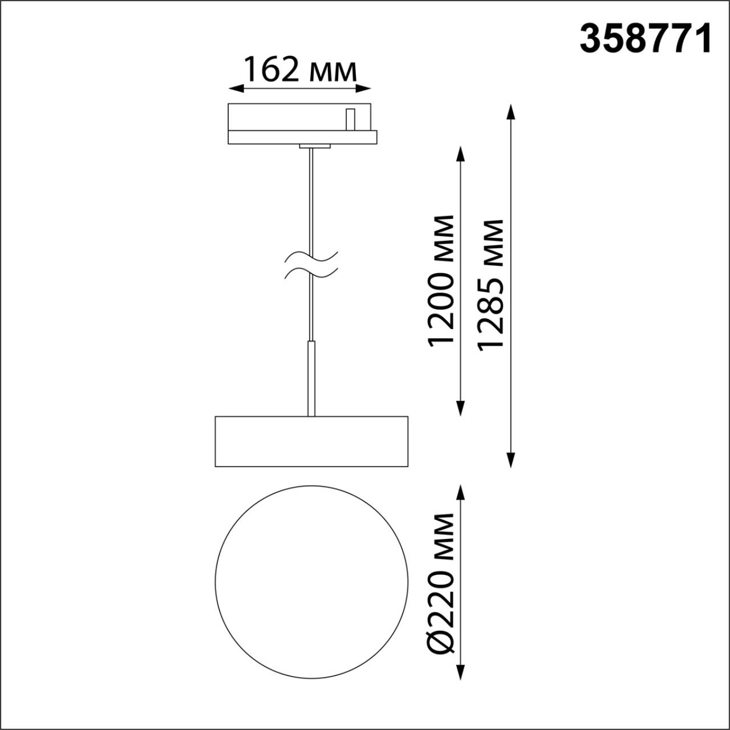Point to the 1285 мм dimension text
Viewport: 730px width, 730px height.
(x=491, y=283)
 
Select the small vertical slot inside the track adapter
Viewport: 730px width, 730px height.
(x=351, y=119)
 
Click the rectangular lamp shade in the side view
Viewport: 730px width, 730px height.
(x=311, y=441)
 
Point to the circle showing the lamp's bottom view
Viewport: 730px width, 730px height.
(x=311, y=582)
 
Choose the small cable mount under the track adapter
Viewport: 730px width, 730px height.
(x=314, y=147)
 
